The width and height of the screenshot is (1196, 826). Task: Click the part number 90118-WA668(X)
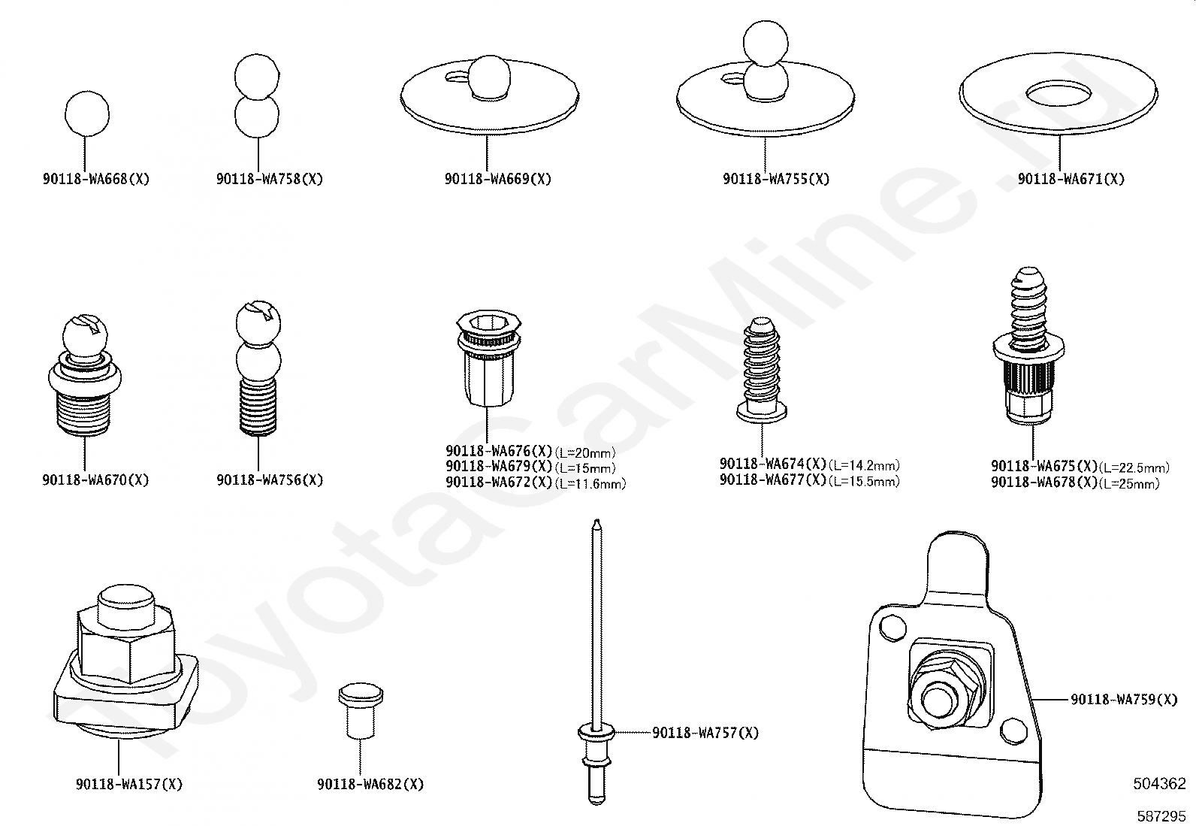coord(96,179)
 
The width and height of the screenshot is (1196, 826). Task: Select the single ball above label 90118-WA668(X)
coord(87,113)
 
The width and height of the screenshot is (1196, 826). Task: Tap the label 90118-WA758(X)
coord(270,179)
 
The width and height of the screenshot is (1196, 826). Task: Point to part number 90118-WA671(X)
coord(1071,179)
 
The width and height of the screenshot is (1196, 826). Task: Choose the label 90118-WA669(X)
coord(498,179)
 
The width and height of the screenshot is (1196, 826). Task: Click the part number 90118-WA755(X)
coord(776,179)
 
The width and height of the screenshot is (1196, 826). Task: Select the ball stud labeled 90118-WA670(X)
coord(85,375)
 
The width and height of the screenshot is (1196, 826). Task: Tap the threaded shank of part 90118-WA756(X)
coord(258,407)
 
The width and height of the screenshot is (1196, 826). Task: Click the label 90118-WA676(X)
coord(499,451)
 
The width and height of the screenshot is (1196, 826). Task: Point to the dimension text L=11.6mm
coord(590,484)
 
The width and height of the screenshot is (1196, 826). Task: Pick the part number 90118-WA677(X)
coord(773,480)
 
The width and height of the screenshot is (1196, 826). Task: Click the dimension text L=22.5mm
coord(1134,468)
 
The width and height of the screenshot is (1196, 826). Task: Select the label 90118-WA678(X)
coord(1044,483)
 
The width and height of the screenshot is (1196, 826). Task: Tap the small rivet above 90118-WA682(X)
coord(361,710)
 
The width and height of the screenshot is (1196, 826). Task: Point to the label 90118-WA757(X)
coord(705,733)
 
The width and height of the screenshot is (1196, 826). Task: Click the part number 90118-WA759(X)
coord(1124,700)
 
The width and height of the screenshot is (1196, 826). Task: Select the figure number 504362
coord(1159,784)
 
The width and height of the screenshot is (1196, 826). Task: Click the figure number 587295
coord(1161,816)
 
